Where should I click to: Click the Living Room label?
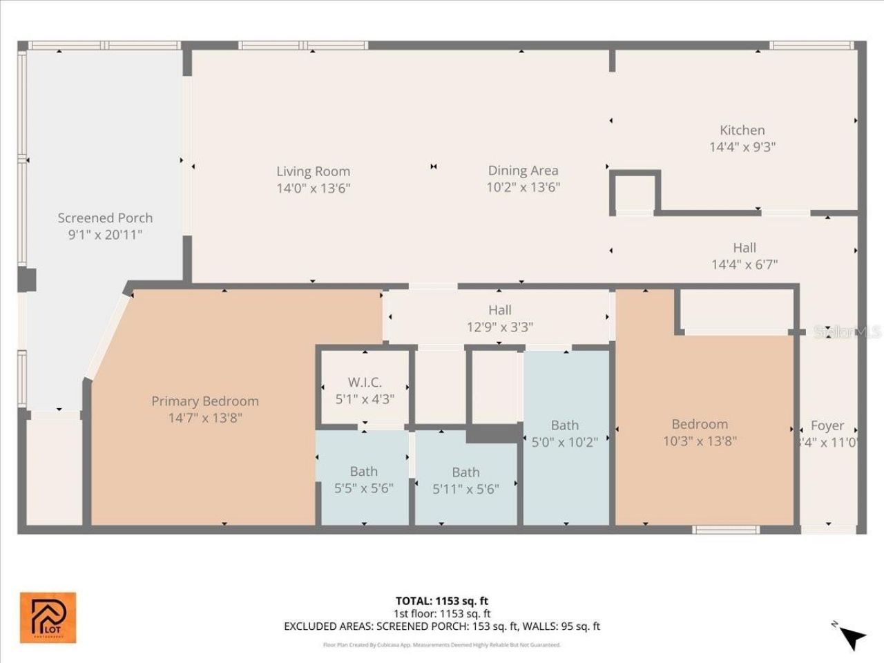click(313, 171)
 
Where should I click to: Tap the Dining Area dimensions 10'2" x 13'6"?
click(523, 187)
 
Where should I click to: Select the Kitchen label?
click(742, 130)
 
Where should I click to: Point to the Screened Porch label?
click(105, 218)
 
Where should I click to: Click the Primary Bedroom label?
click(205, 401)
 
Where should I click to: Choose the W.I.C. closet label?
click(365, 382)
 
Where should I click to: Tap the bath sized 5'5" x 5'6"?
click(363, 480)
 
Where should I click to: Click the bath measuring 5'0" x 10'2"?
click(564, 434)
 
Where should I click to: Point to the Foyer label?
click(827, 426)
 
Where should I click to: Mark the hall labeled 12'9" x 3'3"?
click(499, 318)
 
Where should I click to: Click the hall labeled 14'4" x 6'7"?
click(744, 256)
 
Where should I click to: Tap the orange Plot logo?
click(48, 617)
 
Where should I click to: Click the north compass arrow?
click(852, 637)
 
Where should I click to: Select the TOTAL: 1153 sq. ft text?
click(441, 601)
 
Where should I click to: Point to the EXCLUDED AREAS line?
click(441, 626)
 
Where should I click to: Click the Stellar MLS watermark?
click(847, 332)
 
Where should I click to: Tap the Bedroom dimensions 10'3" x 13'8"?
click(700, 441)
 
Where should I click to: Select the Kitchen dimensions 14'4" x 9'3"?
click(742, 146)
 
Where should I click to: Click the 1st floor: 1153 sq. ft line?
click(441, 613)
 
